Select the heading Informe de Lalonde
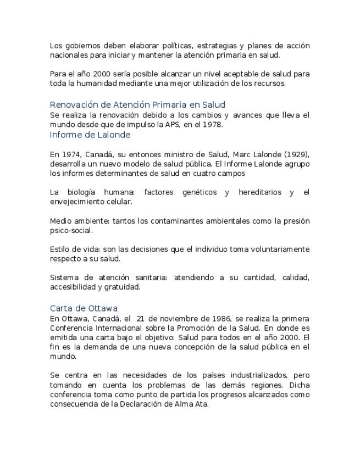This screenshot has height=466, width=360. [90, 135]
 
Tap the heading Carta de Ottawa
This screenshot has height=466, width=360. [84, 308]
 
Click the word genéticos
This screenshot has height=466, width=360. [194, 192]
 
